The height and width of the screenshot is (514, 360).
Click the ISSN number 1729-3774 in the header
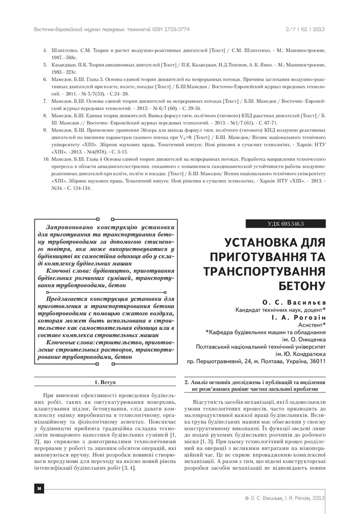click(173, 30)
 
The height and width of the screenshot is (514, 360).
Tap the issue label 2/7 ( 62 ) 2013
click(306, 30)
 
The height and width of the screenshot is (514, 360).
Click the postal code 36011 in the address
click(315, 360)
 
